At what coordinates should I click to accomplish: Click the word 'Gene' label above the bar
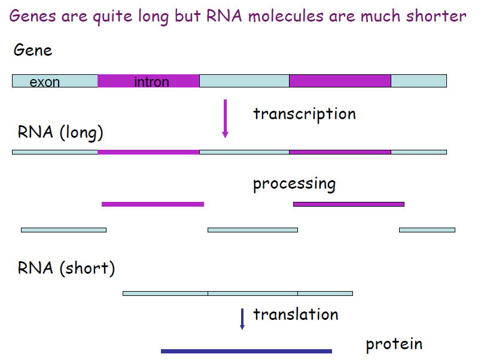[x=33, y=50]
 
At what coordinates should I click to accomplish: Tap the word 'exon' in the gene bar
[x=45, y=82]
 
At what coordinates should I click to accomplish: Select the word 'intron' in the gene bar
[x=151, y=82]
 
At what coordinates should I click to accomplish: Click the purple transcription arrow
[x=225, y=119]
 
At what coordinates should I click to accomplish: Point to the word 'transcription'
[x=304, y=114]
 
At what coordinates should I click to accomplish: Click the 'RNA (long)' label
[x=60, y=132]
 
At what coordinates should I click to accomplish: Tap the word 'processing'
[x=294, y=184]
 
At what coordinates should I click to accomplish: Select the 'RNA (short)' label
[x=66, y=268]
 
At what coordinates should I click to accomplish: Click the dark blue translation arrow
[x=242, y=319]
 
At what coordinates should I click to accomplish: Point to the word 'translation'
[x=296, y=314]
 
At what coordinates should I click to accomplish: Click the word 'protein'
[x=394, y=344]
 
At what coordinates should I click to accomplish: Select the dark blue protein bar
[x=246, y=351]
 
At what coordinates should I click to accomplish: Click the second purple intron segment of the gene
[x=340, y=81]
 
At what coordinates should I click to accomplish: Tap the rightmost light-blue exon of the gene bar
[x=418, y=81]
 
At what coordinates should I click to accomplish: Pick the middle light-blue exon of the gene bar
[x=244, y=81]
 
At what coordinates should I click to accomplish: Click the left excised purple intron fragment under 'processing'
[x=153, y=204]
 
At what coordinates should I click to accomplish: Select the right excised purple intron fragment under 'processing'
[x=348, y=204]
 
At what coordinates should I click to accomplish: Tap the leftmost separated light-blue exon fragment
[x=63, y=230]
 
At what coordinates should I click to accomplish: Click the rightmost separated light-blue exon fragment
[x=427, y=230]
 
